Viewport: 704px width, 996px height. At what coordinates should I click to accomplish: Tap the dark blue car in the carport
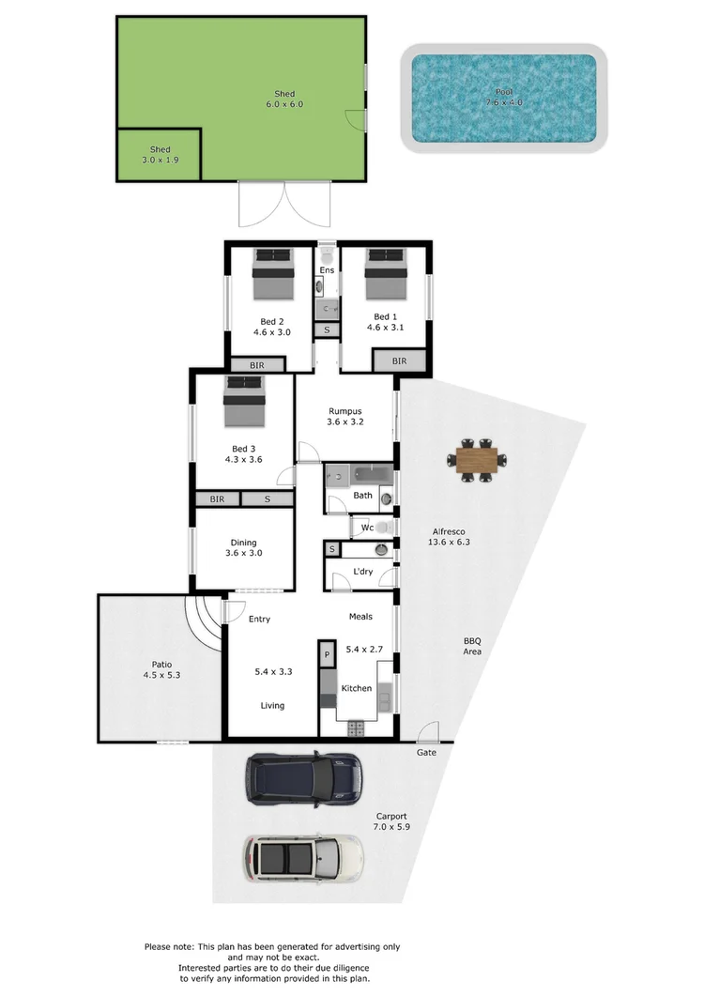pos(303,779)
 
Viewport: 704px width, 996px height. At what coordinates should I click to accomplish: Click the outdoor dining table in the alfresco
pos(474,460)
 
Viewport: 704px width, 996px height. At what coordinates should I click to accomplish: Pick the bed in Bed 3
pos(245,403)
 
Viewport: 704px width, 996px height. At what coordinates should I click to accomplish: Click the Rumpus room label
pos(344,417)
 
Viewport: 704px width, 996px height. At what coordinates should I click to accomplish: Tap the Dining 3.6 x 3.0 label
pos(243,547)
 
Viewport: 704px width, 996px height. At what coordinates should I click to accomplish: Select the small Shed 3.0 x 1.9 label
pos(160,155)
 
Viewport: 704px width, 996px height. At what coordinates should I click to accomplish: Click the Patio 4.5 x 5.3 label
pos(161,668)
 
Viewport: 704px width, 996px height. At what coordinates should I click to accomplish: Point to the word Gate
pos(427,753)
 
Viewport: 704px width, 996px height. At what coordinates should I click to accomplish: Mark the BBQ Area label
pos(472,645)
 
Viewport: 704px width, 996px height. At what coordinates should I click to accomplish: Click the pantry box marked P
pos(327,654)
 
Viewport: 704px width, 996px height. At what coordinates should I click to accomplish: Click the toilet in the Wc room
pos(381,529)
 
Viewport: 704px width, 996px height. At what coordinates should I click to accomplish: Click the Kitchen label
pos(356,689)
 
